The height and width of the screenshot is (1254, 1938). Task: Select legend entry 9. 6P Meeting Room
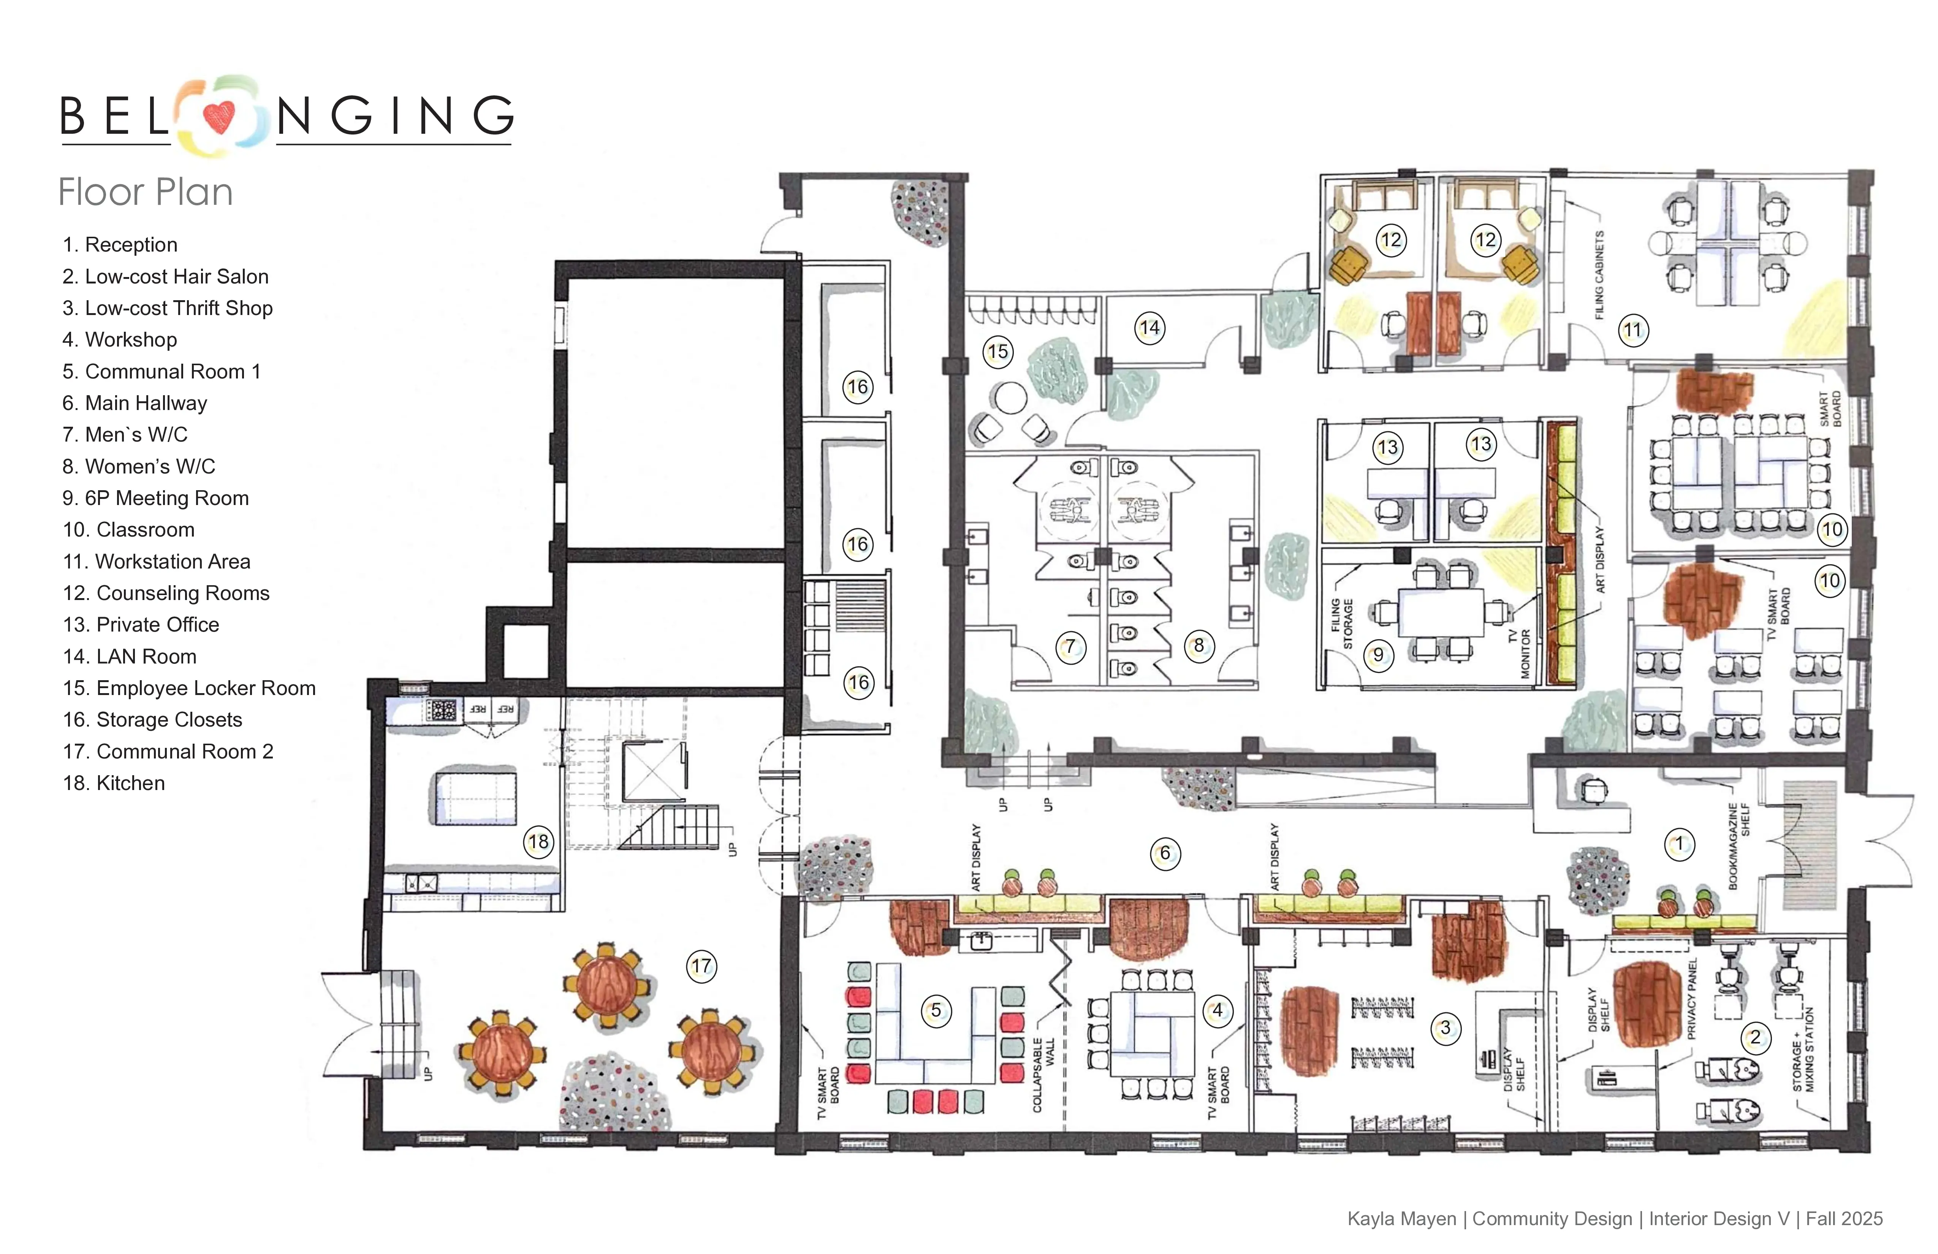(155, 498)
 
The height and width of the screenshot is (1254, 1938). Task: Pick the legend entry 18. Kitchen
(114, 783)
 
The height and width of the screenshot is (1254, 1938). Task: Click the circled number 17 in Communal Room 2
(701, 967)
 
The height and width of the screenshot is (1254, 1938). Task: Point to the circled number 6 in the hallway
(1164, 853)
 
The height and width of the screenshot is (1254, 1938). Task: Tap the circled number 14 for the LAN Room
(1149, 328)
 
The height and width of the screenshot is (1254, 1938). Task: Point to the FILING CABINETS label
(1599, 275)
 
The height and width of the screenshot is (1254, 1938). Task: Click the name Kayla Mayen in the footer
(1401, 1219)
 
